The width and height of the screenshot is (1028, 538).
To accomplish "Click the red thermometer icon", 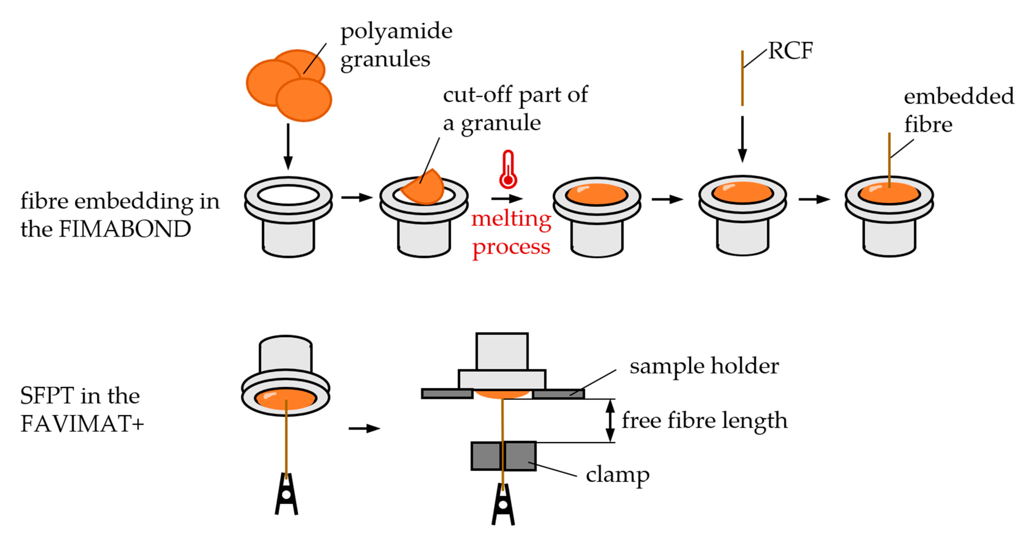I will (508, 170).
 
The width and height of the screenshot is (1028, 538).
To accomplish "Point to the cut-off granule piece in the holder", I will (424, 187).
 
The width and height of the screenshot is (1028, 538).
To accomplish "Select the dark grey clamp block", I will (503, 456).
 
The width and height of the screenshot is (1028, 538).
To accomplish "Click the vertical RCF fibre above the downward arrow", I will (742, 78).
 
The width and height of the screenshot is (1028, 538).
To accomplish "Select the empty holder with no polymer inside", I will (288, 216).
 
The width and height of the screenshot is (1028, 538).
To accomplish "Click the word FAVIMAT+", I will (82, 423).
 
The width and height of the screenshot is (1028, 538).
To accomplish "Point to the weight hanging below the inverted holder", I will (286, 494).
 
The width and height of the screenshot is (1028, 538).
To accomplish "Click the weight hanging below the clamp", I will (503, 505).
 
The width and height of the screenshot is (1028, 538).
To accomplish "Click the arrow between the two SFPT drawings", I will (364, 429).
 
